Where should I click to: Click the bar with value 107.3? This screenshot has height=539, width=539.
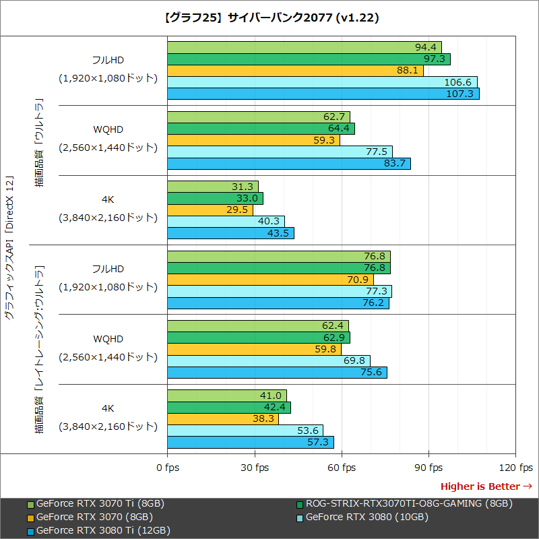(323, 94)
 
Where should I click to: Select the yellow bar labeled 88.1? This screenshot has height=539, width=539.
(295, 70)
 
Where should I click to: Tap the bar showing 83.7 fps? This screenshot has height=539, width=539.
(289, 164)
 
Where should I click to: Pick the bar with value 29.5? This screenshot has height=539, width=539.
(210, 210)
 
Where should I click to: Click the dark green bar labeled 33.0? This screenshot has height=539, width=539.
(215, 199)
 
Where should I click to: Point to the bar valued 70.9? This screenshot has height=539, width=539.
(270, 280)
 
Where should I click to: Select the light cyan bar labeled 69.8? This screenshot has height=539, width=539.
(269, 361)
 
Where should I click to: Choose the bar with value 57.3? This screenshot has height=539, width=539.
(251, 443)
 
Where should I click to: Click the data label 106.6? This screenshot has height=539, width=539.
(458, 82)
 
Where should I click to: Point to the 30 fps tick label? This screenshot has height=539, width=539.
(255, 468)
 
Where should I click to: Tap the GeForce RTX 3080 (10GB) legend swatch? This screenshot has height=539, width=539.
(300, 517)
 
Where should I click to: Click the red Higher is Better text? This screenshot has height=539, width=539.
(480, 486)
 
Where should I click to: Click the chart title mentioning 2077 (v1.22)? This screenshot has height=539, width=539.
(269, 18)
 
